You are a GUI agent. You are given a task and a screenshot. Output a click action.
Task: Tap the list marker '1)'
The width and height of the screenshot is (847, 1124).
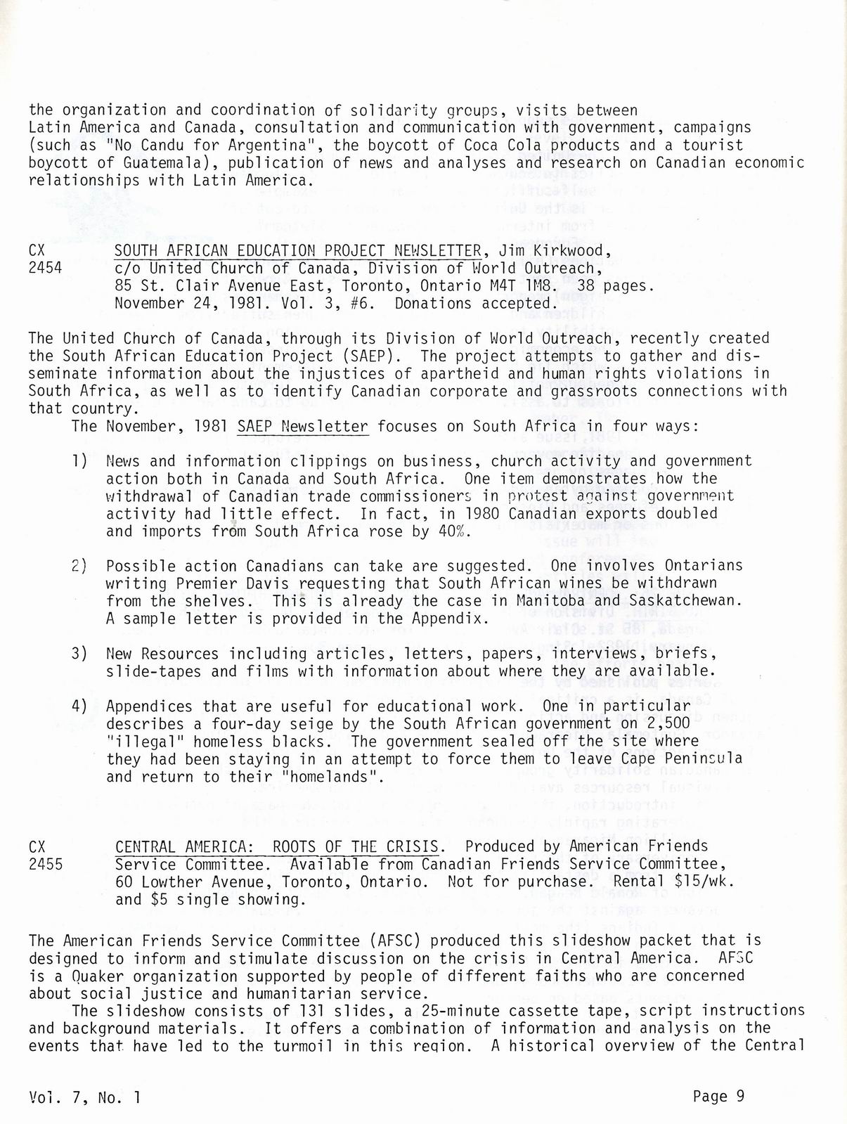point(79,461)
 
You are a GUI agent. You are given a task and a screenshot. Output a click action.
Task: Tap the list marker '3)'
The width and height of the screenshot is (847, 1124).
point(79,654)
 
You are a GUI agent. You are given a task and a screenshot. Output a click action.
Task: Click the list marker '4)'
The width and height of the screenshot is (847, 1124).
point(79,706)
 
